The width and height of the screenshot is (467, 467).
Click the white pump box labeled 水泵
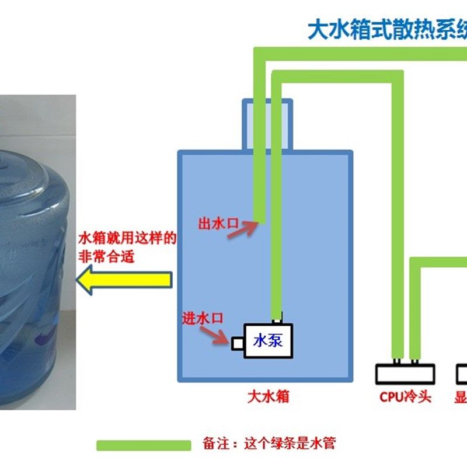(x=268, y=341)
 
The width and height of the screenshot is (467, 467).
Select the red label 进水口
(x=203, y=318)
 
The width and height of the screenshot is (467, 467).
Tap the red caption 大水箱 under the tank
(x=268, y=397)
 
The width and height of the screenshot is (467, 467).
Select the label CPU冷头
(x=405, y=397)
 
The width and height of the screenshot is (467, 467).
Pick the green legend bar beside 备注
(x=144, y=445)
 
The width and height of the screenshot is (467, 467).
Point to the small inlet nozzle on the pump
(x=238, y=343)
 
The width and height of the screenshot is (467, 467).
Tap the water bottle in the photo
(x=35, y=251)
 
